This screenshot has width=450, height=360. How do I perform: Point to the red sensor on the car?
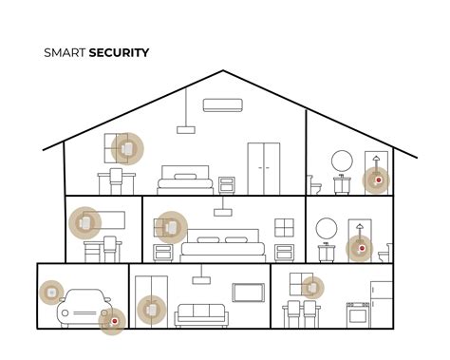(114, 321)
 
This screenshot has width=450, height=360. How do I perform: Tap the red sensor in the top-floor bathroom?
(377, 180)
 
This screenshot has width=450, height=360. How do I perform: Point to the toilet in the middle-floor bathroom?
(383, 255)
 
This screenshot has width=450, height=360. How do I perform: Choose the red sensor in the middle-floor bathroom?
(358, 250)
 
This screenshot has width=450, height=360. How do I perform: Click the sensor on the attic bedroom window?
(124, 148)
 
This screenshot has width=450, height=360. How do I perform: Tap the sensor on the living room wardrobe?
(149, 308)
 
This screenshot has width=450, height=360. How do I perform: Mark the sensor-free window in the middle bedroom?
(284, 227)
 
